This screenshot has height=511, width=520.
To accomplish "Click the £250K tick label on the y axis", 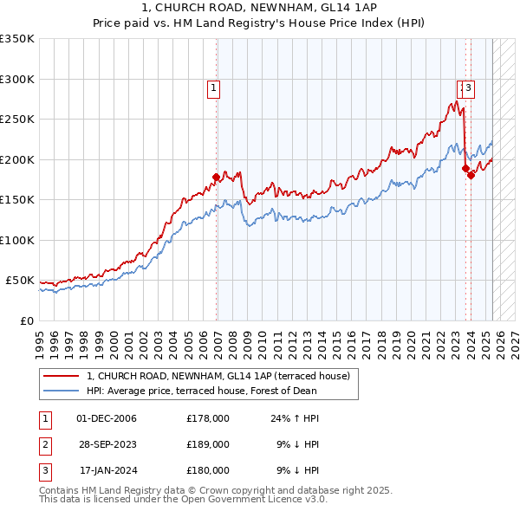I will (x=17, y=120).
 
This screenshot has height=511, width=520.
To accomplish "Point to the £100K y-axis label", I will (x=17, y=240).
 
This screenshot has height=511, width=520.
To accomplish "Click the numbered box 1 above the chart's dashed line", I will (x=212, y=87).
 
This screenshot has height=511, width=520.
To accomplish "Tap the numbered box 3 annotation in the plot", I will (x=468, y=87).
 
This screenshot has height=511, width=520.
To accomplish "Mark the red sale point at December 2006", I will (x=216, y=178).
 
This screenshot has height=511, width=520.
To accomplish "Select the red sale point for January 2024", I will (x=471, y=176).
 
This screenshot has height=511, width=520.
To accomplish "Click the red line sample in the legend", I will (x=61, y=376).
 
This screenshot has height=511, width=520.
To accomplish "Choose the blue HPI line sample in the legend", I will (x=61, y=391).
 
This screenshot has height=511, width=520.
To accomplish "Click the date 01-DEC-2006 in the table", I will (x=107, y=418).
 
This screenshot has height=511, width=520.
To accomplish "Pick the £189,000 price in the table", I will (x=208, y=444).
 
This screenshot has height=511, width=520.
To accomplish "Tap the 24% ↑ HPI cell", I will (x=295, y=418).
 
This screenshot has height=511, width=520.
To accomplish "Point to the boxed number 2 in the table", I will (x=43, y=444).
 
